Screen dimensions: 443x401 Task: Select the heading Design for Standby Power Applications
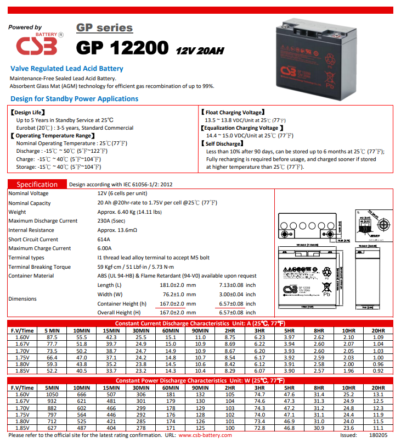click(74, 99)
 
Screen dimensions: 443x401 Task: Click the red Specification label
click(37, 185)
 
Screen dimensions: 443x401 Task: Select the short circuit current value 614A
click(104, 240)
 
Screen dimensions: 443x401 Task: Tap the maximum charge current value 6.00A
click(105, 248)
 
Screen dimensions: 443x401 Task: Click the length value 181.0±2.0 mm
click(177, 285)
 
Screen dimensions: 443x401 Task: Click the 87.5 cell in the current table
click(53, 337)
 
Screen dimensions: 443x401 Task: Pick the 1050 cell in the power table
click(52, 394)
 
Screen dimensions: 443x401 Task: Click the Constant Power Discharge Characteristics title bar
click(200, 380)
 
